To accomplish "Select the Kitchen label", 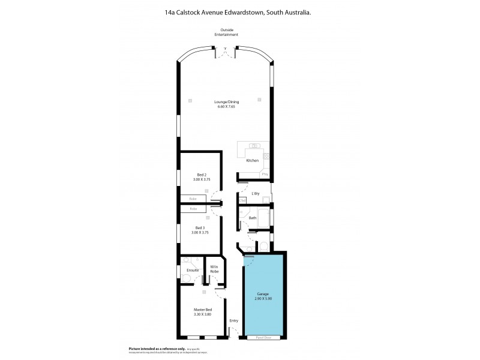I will tap(252, 161).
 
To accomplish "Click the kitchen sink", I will tap(254, 146).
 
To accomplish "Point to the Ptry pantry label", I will tap(265, 174).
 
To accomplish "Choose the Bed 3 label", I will tap(200, 227).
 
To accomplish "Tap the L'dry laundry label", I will tap(256, 193).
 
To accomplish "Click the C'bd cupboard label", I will tap(243, 199).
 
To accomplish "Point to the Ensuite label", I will tap(193, 271).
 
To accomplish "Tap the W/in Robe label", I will tap(213, 269).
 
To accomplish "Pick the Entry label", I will tap(234, 320).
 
